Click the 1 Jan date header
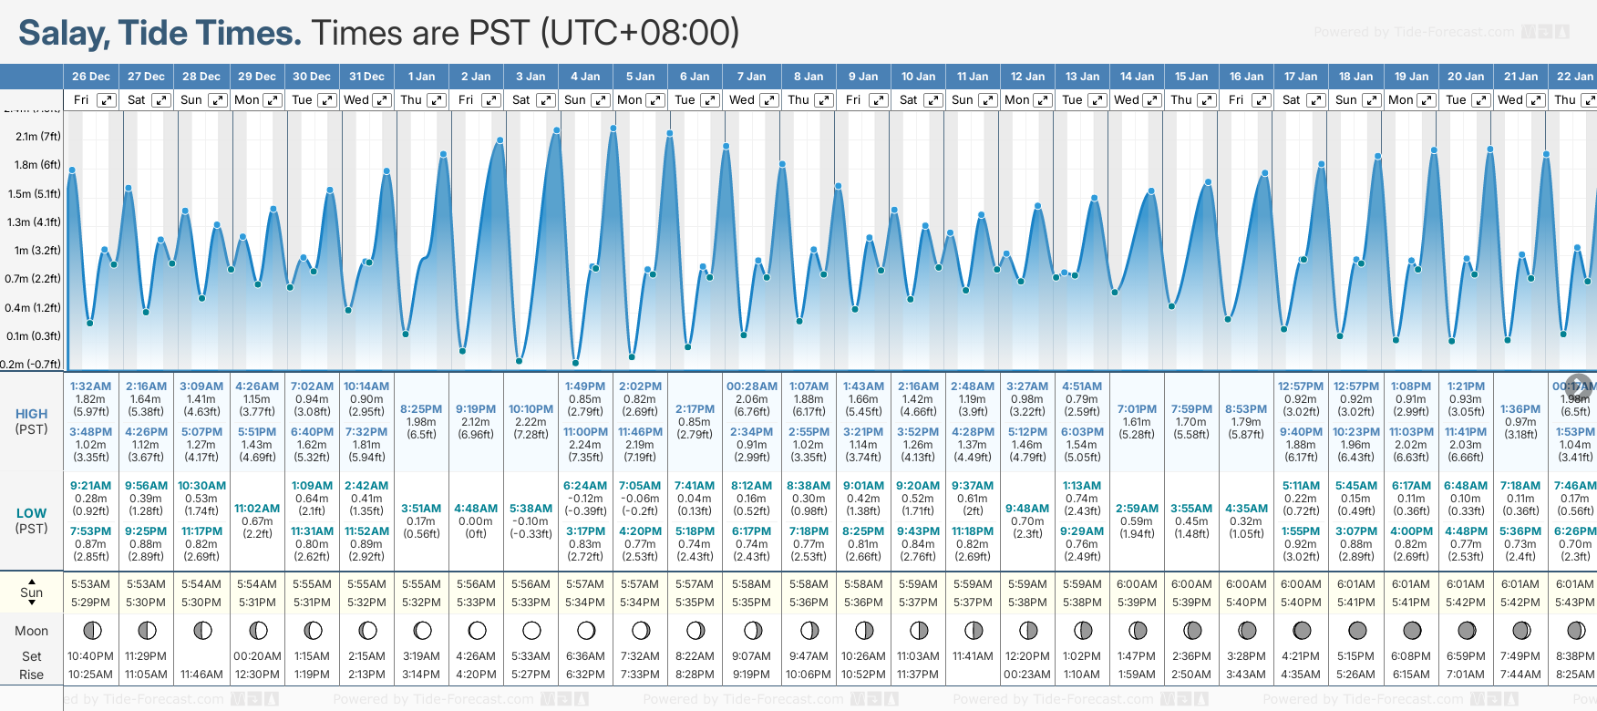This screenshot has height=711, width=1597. [421, 77]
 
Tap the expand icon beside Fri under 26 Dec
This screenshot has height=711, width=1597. [107, 100]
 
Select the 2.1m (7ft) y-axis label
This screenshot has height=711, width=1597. [38, 137]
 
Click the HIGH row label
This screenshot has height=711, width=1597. [32, 414]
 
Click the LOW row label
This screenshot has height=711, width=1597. [32, 513]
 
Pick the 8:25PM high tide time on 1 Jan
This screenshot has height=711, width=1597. [421, 409]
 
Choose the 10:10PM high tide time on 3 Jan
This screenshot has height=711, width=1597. [531, 409]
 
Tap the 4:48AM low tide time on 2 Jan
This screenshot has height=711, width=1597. [476, 509]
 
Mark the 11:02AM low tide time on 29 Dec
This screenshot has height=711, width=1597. [257, 509]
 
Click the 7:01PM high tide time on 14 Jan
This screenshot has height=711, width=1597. [1137, 409]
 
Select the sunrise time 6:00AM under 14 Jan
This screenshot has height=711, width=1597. [1137, 584]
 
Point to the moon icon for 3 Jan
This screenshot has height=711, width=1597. [531, 630]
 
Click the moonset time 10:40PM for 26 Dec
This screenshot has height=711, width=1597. [90, 656]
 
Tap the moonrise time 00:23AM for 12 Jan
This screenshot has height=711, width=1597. [1027, 675]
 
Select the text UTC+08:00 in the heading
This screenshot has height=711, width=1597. [638, 33]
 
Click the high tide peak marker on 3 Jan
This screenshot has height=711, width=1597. [556, 130]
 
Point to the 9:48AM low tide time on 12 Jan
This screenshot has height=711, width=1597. [1027, 509]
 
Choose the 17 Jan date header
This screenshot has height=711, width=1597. [1301, 77]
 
